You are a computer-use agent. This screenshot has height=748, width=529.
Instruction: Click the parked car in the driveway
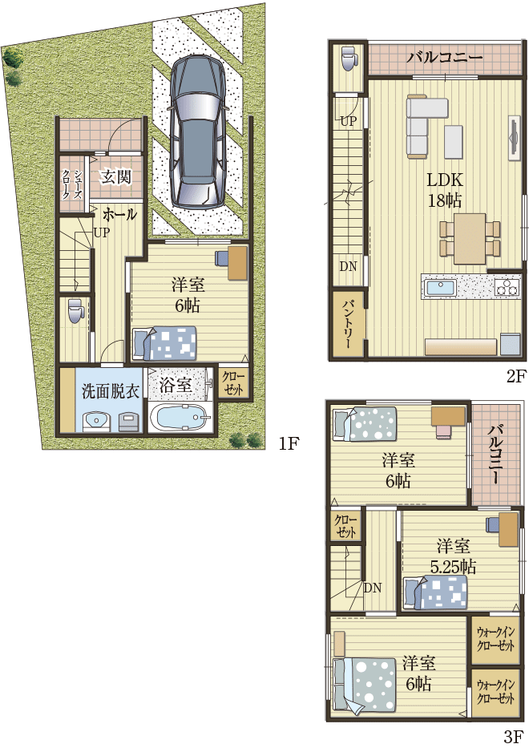point(197,131)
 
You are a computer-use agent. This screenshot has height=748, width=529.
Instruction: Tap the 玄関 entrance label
point(116,177)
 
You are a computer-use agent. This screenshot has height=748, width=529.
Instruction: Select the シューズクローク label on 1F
point(71,184)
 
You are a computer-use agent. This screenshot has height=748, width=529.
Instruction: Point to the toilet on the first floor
point(75,310)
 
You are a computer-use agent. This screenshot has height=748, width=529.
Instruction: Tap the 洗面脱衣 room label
point(110,392)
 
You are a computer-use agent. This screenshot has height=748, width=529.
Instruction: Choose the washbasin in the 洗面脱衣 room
point(97,422)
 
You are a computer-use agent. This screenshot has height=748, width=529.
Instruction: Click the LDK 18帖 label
point(445,190)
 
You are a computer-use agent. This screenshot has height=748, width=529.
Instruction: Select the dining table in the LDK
point(470,239)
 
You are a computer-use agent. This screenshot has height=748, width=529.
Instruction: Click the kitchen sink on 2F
point(440,288)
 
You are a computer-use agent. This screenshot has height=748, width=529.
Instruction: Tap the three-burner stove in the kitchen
point(507,287)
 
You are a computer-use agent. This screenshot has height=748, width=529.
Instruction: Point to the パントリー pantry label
point(348,323)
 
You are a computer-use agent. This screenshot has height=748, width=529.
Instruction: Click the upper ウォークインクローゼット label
point(495,640)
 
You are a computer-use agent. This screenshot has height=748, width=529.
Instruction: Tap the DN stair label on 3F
point(373,588)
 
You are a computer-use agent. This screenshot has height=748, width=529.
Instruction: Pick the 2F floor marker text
point(515,376)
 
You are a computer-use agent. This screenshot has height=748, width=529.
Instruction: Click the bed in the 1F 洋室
point(165,343)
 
